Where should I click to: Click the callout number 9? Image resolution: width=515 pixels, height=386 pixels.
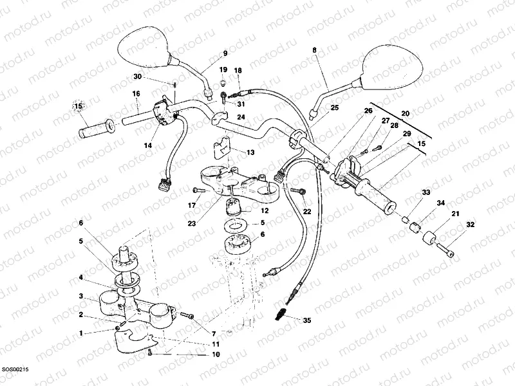point(225,53)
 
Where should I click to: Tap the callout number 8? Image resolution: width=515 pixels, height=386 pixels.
point(315,50)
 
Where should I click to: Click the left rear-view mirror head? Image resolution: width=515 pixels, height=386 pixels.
point(144,46)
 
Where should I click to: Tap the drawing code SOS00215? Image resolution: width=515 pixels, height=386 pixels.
point(15,369)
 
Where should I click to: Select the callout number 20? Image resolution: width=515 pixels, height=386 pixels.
point(405,113)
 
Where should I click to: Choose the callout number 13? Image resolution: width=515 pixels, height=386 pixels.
point(250,152)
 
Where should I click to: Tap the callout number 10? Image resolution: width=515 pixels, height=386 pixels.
point(216,354)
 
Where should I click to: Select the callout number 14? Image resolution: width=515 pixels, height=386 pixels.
point(148,146)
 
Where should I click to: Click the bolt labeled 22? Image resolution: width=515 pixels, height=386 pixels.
point(298,191)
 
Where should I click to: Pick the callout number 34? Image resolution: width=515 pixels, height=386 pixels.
point(440,203)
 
